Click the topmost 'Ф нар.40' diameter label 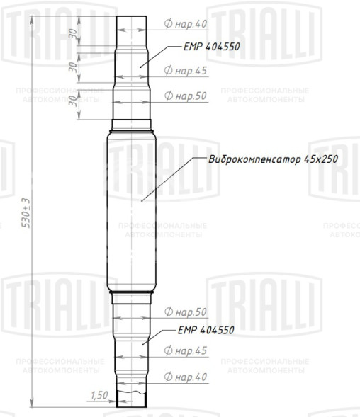tap(185, 24)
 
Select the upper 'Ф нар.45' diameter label tap(185, 70)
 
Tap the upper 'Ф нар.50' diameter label tap(185, 95)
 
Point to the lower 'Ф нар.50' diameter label tap(185, 312)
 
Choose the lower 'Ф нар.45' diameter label tap(185, 350)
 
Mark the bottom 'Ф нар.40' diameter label tap(185, 377)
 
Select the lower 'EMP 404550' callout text tap(206, 330)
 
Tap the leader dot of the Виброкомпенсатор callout tap(142, 201)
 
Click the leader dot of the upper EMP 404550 tap(140, 65)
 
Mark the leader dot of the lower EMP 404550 tap(143, 343)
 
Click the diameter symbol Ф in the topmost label tap(167, 24)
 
